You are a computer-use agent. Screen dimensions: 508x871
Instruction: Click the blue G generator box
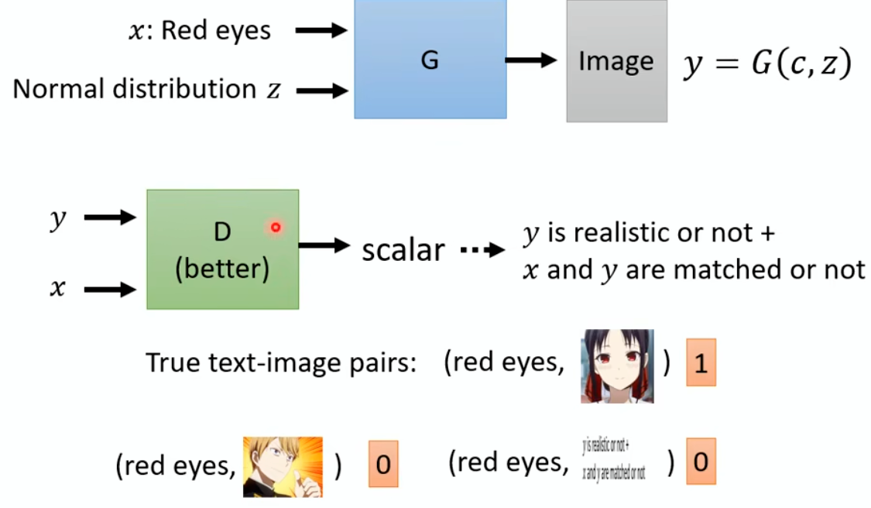[430, 60]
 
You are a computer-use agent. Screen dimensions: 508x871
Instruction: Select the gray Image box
[616, 61]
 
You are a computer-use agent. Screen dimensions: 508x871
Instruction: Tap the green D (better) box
[222, 249]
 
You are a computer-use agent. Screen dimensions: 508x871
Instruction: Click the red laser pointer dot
[275, 227]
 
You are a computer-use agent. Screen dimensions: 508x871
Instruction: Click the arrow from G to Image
[532, 60]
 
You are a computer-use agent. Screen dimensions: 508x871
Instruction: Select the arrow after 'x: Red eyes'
[321, 31]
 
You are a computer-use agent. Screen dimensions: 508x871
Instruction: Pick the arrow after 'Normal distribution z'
[321, 91]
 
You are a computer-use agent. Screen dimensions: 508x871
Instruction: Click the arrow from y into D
[109, 218]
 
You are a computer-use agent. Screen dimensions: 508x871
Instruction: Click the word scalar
[403, 249]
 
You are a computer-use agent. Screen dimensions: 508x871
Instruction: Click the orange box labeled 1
[701, 362]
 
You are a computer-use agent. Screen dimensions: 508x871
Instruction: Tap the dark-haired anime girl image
[617, 366]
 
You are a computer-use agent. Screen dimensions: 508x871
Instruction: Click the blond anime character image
[283, 466]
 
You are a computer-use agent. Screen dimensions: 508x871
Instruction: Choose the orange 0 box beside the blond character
[382, 465]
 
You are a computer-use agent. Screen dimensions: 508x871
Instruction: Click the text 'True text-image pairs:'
[281, 363]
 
